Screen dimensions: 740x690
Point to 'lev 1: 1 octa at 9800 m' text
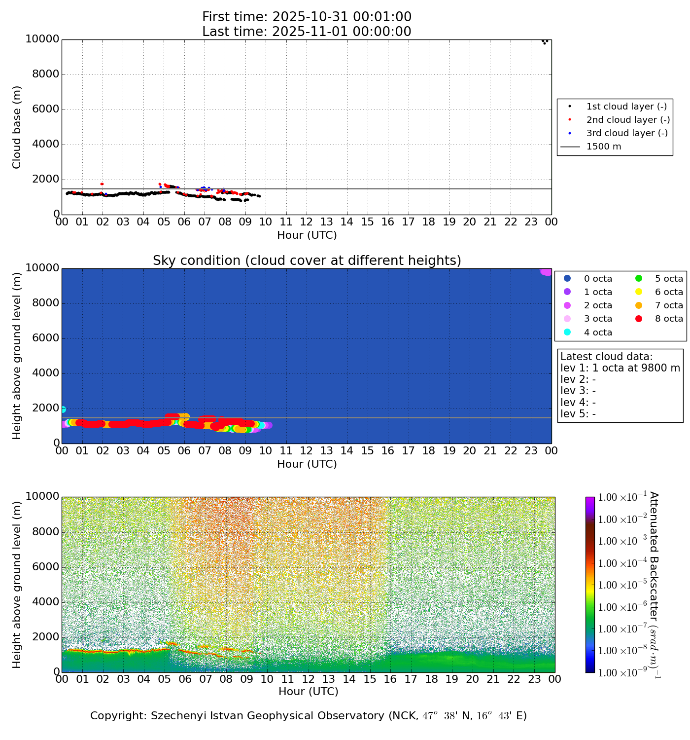tap(620, 368)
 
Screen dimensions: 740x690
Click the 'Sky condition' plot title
tap(307, 260)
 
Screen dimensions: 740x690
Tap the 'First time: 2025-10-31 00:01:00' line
tap(307, 17)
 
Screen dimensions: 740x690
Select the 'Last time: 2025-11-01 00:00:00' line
tap(307, 32)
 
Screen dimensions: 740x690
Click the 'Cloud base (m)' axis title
tap(17, 127)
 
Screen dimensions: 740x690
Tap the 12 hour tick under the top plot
tap(307, 222)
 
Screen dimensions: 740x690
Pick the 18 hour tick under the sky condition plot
tap(429, 450)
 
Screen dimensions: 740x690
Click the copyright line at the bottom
tap(309, 716)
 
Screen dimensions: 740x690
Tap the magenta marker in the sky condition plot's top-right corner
tap(546, 271)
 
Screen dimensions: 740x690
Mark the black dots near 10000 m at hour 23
tap(545, 41)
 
